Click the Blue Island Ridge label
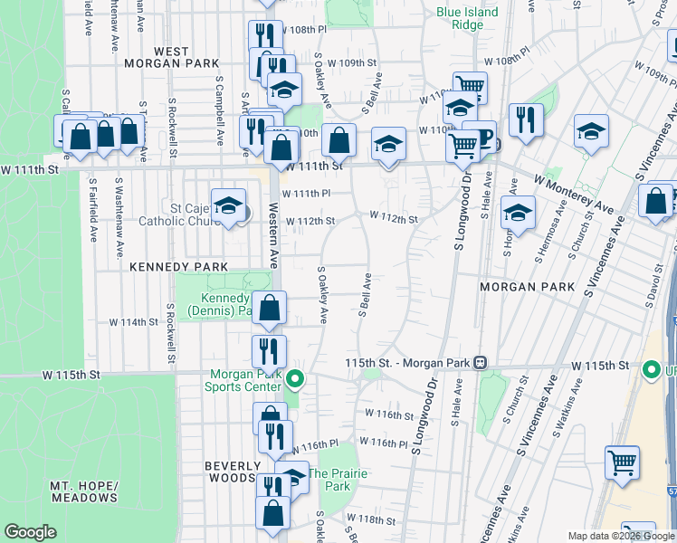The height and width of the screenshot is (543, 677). tap(467, 19)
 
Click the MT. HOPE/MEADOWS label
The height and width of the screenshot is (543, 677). tap(84, 491)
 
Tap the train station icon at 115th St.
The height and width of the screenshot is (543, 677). tap(481, 362)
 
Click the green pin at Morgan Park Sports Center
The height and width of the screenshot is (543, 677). tap(294, 379)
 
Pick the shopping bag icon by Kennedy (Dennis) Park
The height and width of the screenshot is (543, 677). tap(270, 308)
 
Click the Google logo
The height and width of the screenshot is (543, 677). tap(30, 532)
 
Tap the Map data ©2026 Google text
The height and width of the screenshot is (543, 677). tap(622, 536)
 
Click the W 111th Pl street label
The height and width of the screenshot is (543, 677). tap(306, 194)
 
